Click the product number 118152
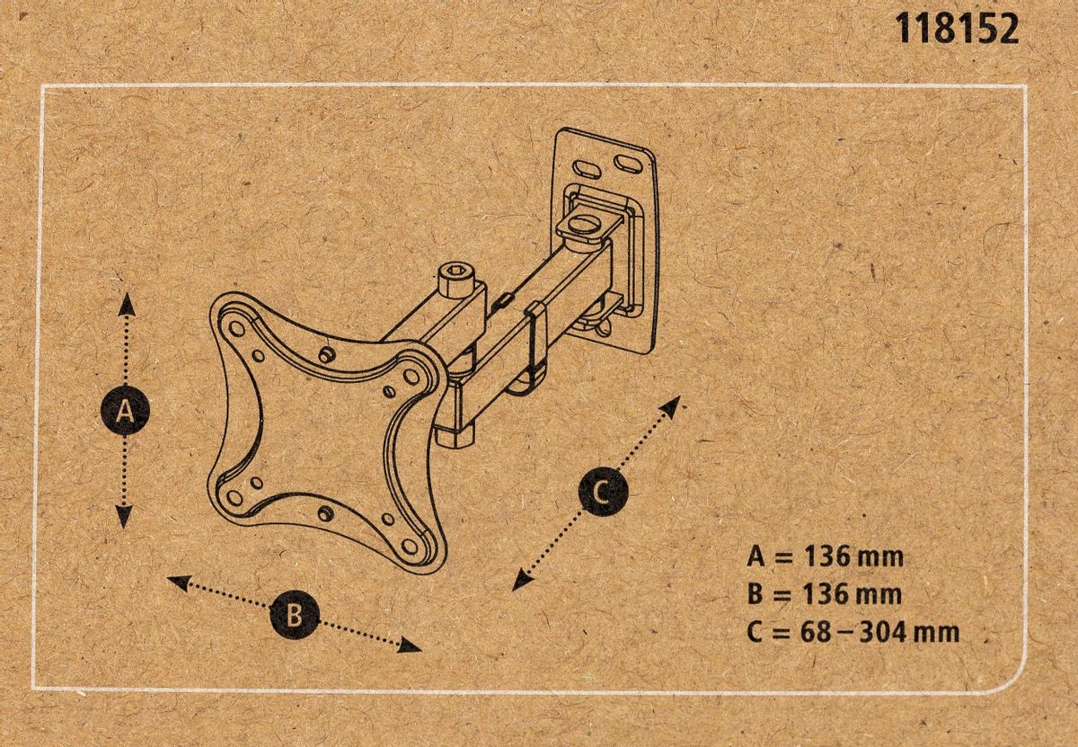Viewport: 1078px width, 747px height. click(x=958, y=29)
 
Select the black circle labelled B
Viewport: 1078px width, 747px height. click(x=294, y=615)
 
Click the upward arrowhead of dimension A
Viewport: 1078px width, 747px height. click(x=126, y=302)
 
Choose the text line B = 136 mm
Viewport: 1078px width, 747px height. click(x=824, y=594)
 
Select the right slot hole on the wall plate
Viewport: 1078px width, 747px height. click(x=628, y=163)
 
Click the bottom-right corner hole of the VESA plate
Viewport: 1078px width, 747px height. click(x=414, y=547)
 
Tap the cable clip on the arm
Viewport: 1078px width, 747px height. click(x=537, y=341)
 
